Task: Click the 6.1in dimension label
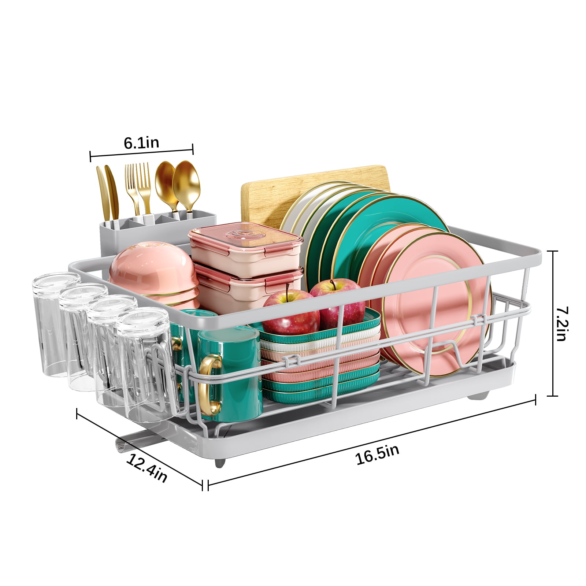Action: tap(141, 142)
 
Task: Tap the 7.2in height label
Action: tap(560, 324)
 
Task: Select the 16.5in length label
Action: tap(377, 455)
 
